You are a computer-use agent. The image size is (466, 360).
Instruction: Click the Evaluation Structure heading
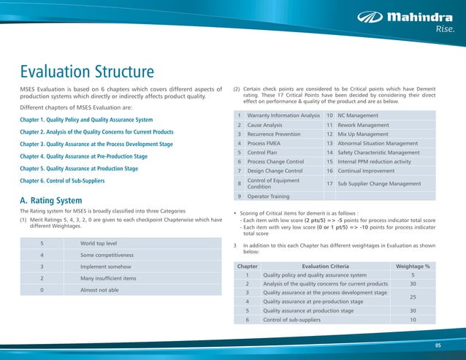pyautogui.click(x=87, y=72)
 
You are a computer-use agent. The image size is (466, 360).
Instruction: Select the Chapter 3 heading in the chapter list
pyautogui.click(x=96, y=144)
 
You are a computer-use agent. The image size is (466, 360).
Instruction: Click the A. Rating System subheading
pyautogui.click(x=50, y=200)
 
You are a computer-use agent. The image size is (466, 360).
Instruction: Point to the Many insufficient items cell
pyautogui.click(x=108, y=278)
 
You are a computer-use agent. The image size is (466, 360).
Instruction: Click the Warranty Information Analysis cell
pyautogui.click(x=283, y=115)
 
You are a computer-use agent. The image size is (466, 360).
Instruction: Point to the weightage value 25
pyautogui.click(x=413, y=297)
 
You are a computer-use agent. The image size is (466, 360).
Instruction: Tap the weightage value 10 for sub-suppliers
pyautogui.click(x=413, y=320)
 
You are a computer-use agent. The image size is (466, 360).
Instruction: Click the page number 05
pyautogui.click(x=438, y=344)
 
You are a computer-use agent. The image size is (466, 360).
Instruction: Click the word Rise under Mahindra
pyautogui.click(x=446, y=30)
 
